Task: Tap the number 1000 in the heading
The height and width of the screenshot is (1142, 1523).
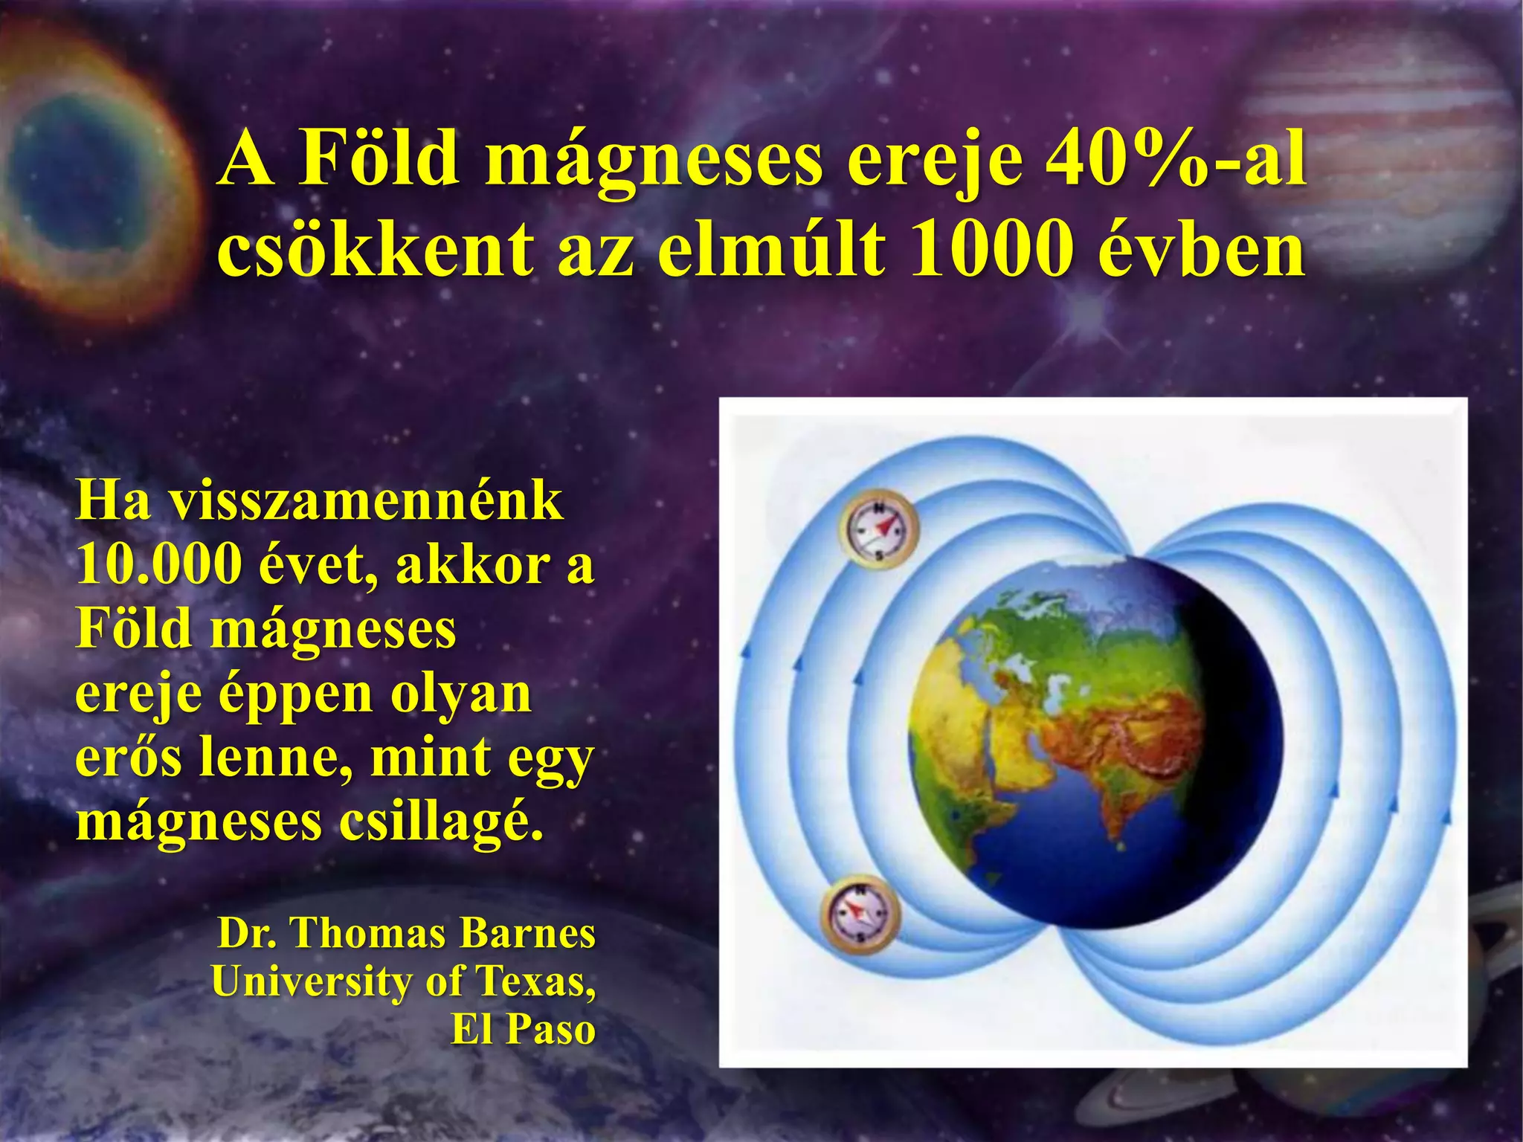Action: (991, 249)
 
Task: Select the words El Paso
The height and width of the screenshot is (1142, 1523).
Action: (523, 1030)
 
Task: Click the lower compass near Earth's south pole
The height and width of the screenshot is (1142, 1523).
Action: (860, 914)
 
